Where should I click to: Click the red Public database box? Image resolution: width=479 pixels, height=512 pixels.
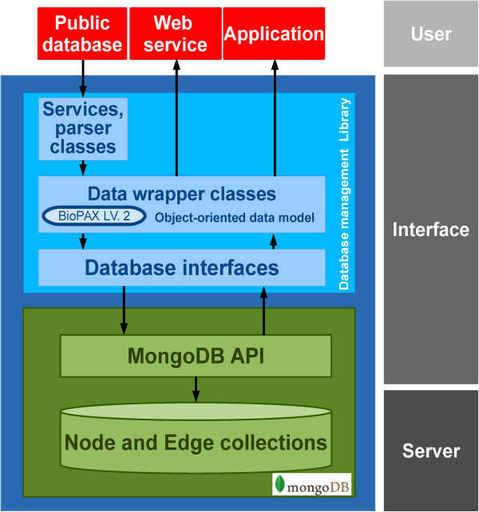coord(82,33)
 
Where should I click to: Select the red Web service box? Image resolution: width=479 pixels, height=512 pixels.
coord(176,33)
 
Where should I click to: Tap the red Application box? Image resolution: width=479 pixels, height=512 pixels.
coord(274,33)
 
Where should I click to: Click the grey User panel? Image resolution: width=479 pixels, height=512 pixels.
coord(431,33)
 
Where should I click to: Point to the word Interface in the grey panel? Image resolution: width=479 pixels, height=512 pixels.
coord(431,230)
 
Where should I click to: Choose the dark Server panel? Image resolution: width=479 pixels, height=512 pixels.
coord(431,451)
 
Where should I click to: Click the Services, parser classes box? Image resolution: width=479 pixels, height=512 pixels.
coord(83,128)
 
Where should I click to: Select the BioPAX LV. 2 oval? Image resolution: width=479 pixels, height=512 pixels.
coord(93,216)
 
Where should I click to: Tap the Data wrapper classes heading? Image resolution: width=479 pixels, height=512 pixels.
coord(182,194)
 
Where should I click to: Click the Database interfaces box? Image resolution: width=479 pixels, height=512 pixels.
coord(182,266)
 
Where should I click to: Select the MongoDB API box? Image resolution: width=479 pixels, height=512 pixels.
coord(196,356)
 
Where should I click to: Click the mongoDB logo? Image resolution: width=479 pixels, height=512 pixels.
coord(312,484)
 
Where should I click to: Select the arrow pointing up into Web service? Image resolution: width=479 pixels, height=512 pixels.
coord(176,120)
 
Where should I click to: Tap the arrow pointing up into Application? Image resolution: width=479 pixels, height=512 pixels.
coord(274,120)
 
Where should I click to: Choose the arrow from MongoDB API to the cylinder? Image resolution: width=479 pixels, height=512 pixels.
coord(196,389)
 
